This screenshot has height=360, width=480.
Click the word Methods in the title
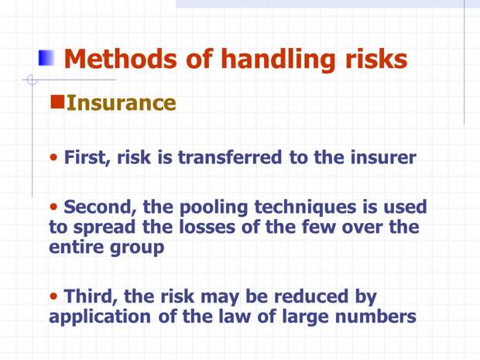coord(120,59)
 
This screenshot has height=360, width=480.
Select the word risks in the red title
coord(376,59)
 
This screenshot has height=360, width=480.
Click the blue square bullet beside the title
coord(46,58)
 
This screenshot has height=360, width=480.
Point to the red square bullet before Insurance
coord(57,102)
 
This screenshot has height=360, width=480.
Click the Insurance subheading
coord(122,102)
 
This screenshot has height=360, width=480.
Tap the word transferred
coord(230,157)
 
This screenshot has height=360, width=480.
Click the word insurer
coord(383,157)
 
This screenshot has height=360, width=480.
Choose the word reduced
coord(311,296)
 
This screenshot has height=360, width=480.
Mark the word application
coord(100,317)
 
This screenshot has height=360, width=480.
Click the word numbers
coord(375,316)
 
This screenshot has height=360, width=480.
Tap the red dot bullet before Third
coord(53,296)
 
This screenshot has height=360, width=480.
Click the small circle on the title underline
coord(32,80)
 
